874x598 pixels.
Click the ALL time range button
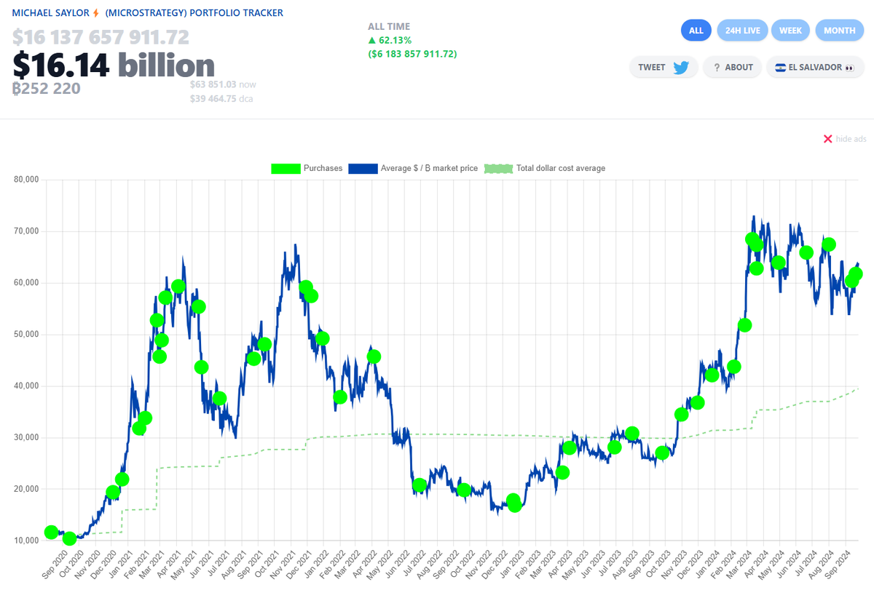click(x=696, y=31)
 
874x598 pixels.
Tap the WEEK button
click(x=790, y=31)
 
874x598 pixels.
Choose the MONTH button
click(x=839, y=31)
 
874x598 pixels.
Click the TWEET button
click(x=663, y=68)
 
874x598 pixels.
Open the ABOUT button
click(x=733, y=68)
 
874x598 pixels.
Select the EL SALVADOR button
click(x=814, y=68)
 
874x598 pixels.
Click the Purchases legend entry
click(x=307, y=169)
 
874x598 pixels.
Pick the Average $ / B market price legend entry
click(x=413, y=169)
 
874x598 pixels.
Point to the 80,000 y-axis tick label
click(x=26, y=180)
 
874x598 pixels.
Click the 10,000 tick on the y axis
click(x=26, y=541)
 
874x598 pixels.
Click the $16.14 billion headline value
click(x=113, y=66)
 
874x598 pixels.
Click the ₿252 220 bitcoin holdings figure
click(x=46, y=89)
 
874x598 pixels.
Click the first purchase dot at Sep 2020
click(x=51, y=533)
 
